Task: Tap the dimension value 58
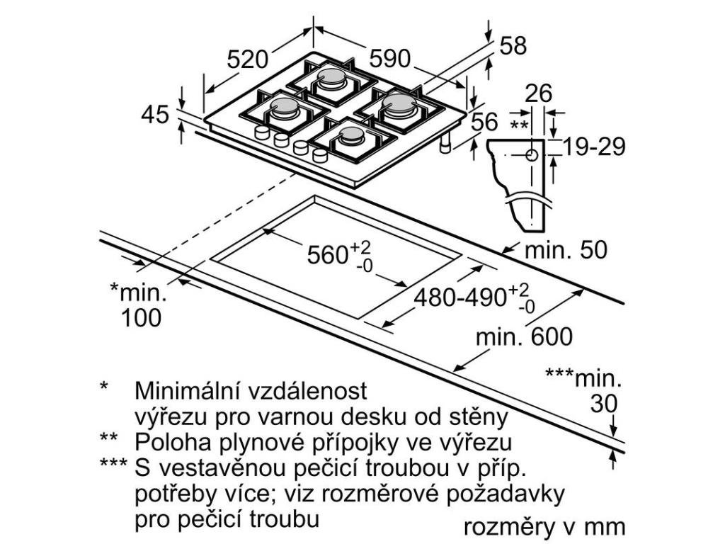513,45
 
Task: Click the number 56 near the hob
485,121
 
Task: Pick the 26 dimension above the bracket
540,93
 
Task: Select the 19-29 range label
595,147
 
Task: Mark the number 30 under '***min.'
604,403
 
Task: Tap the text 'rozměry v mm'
544,527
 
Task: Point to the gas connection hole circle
531,155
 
